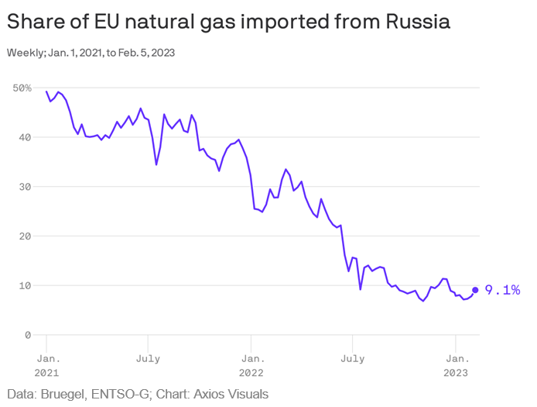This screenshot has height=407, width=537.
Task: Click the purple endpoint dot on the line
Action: click(x=475, y=290)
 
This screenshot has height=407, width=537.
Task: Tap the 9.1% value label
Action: click(x=502, y=290)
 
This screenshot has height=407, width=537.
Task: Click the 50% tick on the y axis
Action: click(x=22, y=88)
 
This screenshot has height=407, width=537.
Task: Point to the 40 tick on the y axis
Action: click(x=25, y=137)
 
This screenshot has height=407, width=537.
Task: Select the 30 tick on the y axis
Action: click(x=25, y=187)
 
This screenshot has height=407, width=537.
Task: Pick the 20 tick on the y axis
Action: click(x=25, y=236)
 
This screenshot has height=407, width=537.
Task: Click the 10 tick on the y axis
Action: click(x=25, y=285)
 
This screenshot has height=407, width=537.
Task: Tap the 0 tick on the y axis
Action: click(x=28, y=335)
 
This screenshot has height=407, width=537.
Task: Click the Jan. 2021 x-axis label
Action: click(x=47, y=365)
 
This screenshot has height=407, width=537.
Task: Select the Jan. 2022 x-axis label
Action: click(x=251, y=365)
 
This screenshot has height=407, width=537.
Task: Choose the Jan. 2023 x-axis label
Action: click(x=457, y=365)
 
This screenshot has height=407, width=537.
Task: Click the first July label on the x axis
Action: click(x=148, y=359)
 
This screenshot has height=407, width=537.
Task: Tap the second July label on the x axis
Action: click(x=353, y=359)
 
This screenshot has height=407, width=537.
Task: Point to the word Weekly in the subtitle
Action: click(x=22, y=53)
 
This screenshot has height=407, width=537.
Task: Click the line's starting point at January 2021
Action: click(x=46, y=91)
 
